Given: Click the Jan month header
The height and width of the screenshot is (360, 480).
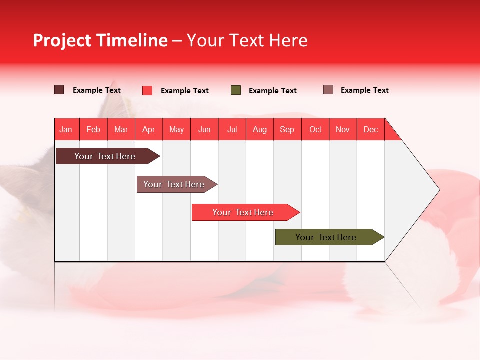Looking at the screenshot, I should pos(66,129).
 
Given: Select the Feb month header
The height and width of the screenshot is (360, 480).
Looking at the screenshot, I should pos(93,129).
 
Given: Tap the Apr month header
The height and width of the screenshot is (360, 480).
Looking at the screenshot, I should pos(149,129).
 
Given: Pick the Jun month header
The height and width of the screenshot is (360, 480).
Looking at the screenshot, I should pos(204,129).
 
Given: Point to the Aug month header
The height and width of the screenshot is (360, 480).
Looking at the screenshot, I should pos(260,129).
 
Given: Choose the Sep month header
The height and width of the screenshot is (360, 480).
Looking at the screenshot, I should pos(287,129).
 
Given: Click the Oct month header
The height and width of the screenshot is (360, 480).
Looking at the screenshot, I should pos(315,129).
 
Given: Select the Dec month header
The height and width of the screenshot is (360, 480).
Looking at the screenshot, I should pos(371,129).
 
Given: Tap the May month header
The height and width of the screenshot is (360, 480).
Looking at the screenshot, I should pos(176,129).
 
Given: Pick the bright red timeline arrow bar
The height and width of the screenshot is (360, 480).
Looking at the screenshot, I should pos(243,212).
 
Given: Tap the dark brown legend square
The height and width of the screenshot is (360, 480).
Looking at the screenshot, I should pos(59,90).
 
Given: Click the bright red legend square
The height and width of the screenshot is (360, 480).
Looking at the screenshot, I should pos(147,90).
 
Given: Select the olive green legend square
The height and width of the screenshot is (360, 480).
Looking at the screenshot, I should pos(236,90).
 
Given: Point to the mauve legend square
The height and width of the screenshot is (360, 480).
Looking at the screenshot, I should pos(328,90).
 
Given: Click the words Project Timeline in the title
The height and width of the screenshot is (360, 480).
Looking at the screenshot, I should pos(100,40).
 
